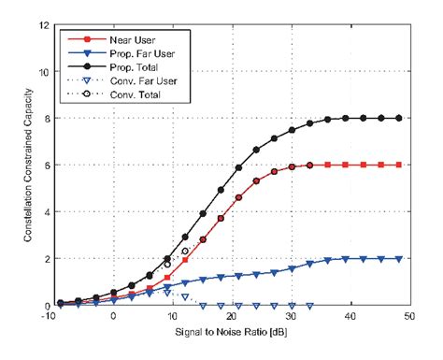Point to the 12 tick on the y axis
tap(43, 24)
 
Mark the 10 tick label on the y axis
tap(43, 71)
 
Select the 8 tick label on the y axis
tap(45, 118)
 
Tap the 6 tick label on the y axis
tap(45, 165)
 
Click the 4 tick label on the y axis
tap(45, 211)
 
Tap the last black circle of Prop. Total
tap(399, 119)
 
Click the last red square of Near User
tap(399, 166)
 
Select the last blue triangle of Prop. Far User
tap(399, 259)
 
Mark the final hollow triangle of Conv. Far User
tap(310, 306)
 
